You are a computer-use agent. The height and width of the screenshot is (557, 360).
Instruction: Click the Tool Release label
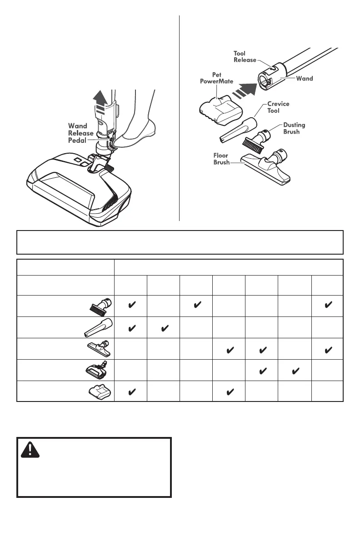[x=245, y=56]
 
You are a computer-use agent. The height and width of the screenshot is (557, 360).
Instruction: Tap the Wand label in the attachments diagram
[x=305, y=79]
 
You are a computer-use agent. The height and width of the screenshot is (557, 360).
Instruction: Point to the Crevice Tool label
[x=278, y=107]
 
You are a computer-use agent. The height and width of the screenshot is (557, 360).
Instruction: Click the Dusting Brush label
[x=294, y=128]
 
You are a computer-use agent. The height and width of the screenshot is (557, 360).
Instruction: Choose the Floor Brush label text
[x=222, y=159]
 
